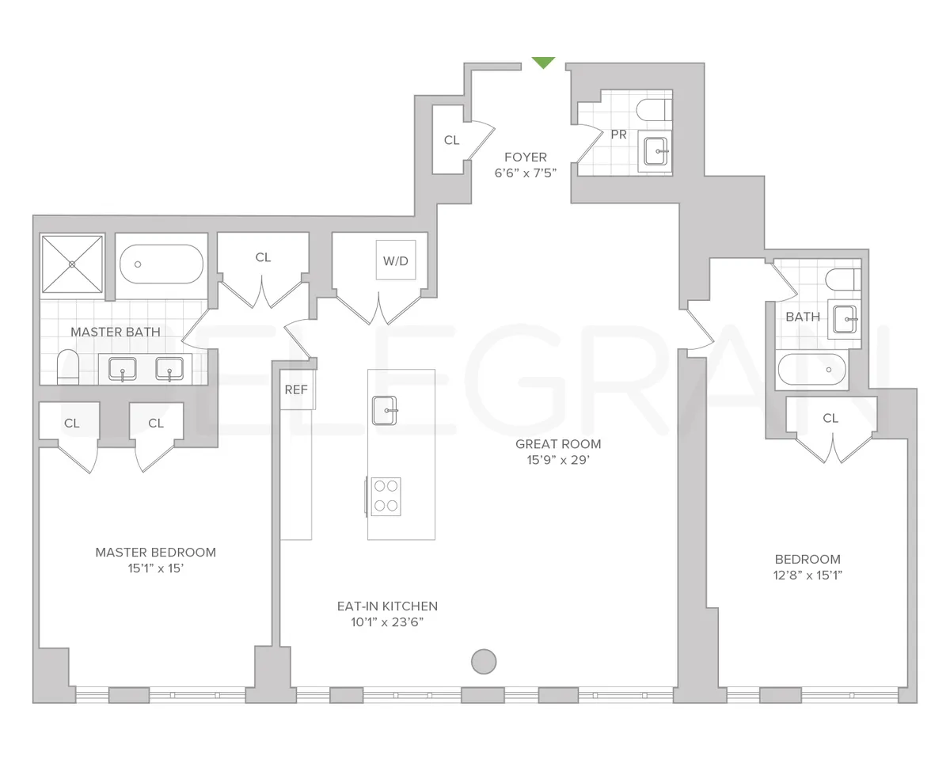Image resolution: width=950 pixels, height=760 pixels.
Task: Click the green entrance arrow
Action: (x=543, y=63)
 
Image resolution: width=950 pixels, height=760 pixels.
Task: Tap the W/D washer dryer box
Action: (x=396, y=260)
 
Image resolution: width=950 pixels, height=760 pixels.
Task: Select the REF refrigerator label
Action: (x=296, y=390)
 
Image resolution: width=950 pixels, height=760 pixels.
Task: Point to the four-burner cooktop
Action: (x=385, y=496)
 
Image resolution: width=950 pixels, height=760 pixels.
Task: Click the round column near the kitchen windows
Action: (x=484, y=661)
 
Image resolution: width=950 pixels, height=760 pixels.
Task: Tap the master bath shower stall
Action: (x=72, y=264)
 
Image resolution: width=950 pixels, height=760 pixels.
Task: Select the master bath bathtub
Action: (x=161, y=264)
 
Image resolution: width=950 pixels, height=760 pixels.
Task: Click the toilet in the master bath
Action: (x=69, y=368)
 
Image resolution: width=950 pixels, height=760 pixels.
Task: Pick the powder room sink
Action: (x=655, y=150)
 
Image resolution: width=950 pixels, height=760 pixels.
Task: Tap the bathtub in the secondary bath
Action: (x=811, y=370)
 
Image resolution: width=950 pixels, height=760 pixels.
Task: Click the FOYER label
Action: (x=526, y=158)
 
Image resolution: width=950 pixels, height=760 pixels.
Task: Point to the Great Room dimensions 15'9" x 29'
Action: (x=558, y=460)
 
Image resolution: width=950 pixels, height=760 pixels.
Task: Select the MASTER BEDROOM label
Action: (x=156, y=553)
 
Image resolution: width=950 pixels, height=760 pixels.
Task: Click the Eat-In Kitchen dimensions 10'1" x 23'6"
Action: (x=387, y=622)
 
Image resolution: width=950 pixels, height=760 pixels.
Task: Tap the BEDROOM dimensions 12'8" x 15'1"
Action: (x=807, y=576)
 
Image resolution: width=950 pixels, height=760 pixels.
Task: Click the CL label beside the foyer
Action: (x=451, y=140)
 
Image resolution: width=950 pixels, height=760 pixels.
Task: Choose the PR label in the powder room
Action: (x=619, y=135)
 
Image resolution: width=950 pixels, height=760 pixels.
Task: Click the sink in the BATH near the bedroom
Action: (x=843, y=320)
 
